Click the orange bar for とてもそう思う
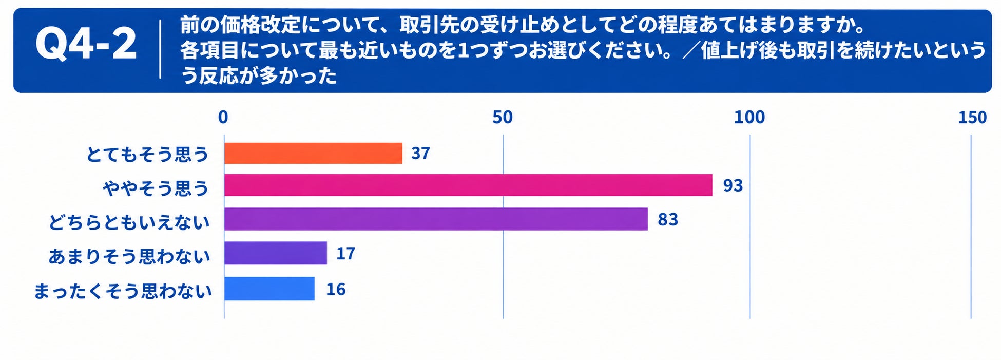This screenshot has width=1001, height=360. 313,153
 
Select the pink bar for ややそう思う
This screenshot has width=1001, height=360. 468,185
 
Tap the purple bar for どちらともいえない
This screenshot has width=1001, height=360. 436,219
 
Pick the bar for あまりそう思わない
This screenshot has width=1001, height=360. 276,253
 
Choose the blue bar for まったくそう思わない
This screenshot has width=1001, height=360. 269,289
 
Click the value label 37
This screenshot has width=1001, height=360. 420,153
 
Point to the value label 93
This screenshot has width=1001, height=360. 733,185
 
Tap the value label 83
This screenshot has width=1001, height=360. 668,220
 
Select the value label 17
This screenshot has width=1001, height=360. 345,254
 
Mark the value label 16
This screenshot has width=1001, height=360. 336,290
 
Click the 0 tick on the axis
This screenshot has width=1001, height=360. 223,118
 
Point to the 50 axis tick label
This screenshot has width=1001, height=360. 503,118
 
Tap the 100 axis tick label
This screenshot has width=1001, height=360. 749,118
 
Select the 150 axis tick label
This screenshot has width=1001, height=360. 972,118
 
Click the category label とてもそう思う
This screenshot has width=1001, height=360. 148,154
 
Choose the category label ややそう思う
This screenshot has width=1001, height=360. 156,188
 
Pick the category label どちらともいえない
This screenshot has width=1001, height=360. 129,222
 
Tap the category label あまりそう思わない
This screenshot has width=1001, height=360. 129,256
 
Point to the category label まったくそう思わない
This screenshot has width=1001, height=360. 123,291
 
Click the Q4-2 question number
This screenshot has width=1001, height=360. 86,44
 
